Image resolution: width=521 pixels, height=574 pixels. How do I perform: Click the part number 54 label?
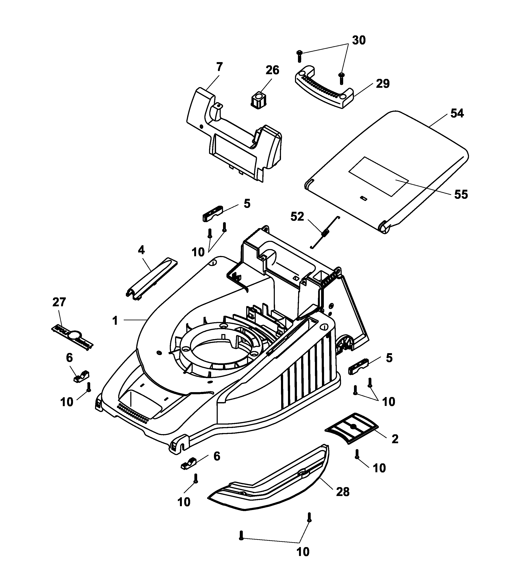pos(457,113)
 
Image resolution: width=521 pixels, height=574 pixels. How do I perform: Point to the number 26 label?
pos(272,70)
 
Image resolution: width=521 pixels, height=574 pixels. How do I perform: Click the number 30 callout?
pos(359,40)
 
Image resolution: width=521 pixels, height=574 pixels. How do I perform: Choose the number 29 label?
pos(382,84)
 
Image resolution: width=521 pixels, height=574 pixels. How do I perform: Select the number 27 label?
pos(59,302)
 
